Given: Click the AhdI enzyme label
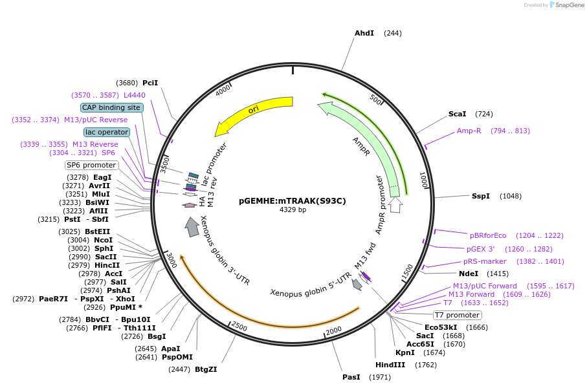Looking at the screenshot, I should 364,33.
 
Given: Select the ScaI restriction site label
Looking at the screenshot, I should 457,114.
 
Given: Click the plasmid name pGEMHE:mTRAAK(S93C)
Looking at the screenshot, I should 293,200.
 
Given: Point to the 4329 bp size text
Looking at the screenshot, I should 293,210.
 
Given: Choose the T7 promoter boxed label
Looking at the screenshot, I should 458,315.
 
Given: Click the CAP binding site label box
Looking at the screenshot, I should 111,107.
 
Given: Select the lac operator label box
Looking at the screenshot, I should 107,132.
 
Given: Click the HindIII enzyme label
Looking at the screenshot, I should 390,365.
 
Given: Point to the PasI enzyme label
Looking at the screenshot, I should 351,377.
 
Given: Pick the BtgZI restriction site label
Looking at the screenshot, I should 206,369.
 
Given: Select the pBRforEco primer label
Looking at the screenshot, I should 488,235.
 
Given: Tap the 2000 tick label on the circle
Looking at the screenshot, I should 333,331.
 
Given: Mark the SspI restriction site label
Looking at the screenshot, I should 481,196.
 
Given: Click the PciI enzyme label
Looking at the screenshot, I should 150,83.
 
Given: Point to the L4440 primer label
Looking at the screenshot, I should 135,95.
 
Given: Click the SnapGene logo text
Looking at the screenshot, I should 567,5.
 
